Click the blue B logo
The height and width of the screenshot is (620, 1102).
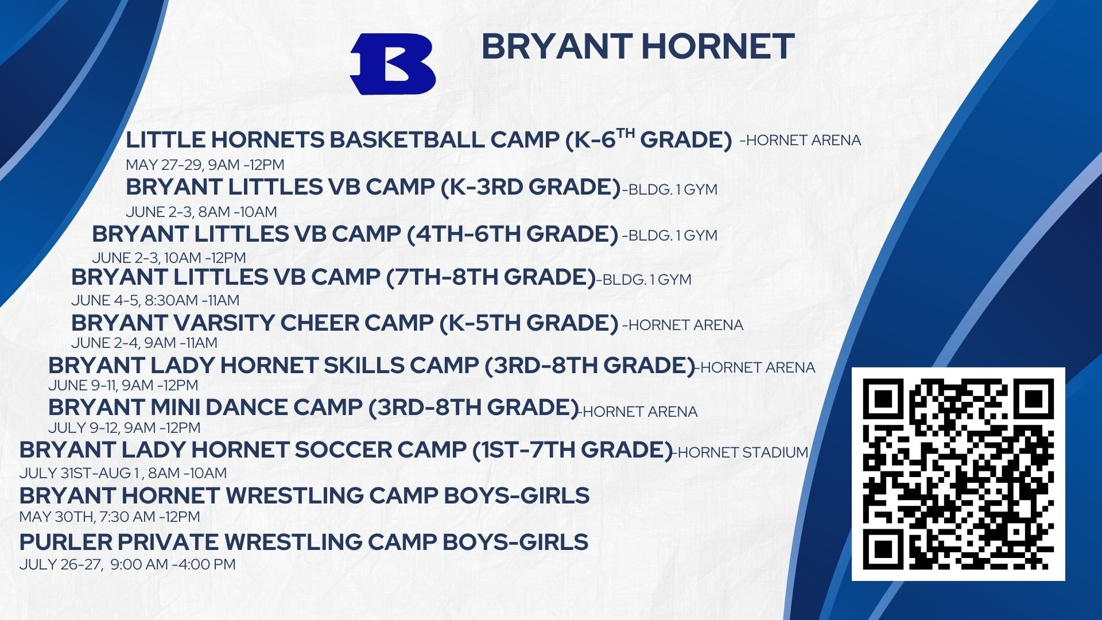(x=393, y=64)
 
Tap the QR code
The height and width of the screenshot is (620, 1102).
(x=958, y=474)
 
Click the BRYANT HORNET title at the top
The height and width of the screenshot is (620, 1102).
(x=638, y=46)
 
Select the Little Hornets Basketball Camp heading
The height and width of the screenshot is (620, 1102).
(x=429, y=139)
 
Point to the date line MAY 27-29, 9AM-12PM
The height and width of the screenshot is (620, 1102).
(x=205, y=165)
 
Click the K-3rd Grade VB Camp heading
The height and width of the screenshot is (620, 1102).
(x=373, y=187)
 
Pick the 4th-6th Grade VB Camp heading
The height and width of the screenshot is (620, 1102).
(x=355, y=234)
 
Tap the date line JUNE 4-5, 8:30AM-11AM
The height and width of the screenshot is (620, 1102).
(x=156, y=300)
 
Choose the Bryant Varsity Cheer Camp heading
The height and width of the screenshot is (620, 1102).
(x=344, y=323)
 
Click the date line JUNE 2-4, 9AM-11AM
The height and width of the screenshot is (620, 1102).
(x=144, y=343)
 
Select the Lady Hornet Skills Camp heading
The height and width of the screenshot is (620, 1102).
(x=371, y=366)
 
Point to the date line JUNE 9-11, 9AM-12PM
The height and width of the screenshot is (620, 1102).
(x=123, y=385)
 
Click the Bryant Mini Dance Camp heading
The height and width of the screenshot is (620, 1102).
(x=313, y=408)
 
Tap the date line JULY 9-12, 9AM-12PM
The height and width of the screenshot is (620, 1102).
(x=125, y=428)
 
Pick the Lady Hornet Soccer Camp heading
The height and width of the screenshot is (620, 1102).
(x=346, y=450)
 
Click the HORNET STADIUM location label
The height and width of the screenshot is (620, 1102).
(x=740, y=452)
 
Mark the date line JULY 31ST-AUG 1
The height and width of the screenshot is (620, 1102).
(x=123, y=473)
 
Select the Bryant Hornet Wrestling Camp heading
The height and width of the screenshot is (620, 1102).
(x=304, y=495)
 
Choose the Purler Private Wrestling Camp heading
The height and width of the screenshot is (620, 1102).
(x=304, y=542)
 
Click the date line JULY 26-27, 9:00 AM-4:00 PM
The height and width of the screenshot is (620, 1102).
(x=127, y=564)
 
